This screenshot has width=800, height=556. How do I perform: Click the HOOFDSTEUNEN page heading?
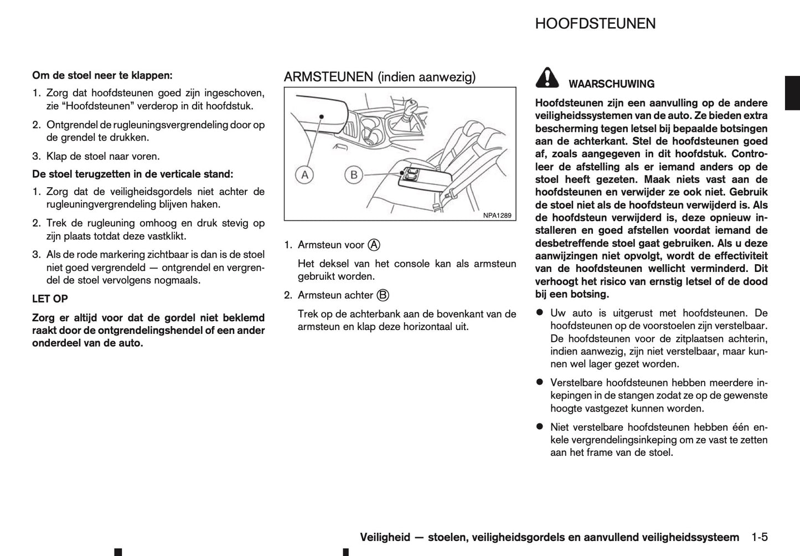pos(595,24)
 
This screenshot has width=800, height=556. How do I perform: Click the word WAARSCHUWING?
pos(611,84)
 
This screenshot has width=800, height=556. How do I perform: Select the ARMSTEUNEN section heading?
pos(379,77)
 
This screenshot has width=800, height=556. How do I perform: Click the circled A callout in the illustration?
pos(303,176)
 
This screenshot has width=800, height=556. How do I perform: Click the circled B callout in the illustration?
pos(353,176)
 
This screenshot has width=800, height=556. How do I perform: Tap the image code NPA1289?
pos(497,215)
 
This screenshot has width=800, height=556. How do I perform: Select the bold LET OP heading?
pos(50,299)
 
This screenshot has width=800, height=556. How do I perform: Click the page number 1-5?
pos(760,537)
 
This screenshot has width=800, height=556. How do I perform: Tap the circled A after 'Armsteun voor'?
pos(374,245)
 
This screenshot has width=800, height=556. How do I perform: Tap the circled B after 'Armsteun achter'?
pos(383,295)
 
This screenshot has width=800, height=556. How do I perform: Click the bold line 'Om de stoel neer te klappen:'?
pos(102,75)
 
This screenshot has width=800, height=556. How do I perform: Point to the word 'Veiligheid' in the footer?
pos(385,537)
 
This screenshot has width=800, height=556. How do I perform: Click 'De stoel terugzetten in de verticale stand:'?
pos(133,174)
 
